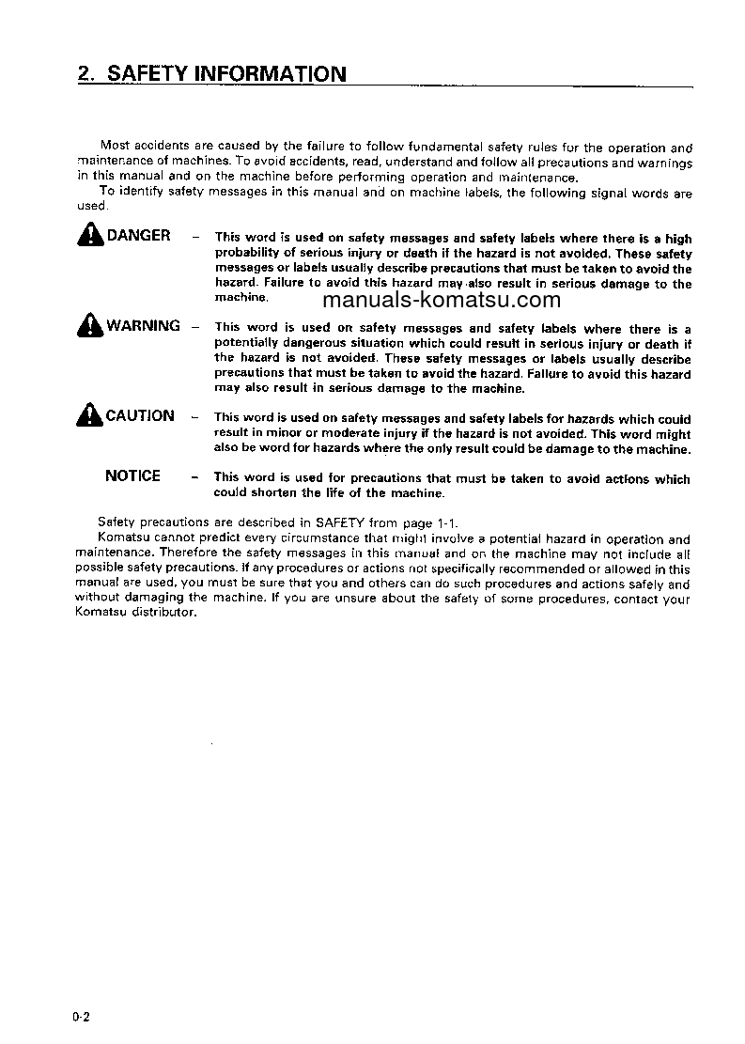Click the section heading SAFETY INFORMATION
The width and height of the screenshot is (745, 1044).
227,73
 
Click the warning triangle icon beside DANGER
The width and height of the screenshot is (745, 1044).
91,236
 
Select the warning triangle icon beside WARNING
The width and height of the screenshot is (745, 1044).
91,326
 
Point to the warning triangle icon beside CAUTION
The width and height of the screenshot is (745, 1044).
91,415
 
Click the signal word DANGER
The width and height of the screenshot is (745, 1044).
139,236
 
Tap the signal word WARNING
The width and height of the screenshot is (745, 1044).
143,326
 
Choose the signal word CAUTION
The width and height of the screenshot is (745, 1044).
140,415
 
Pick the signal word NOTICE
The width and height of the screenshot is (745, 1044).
133,475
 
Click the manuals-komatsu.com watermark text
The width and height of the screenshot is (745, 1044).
441,301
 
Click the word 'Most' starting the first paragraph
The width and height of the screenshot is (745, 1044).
115,147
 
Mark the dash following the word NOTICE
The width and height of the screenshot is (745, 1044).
194,477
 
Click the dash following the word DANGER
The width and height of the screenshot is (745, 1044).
194,237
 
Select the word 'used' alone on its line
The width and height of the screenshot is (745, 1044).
92,207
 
